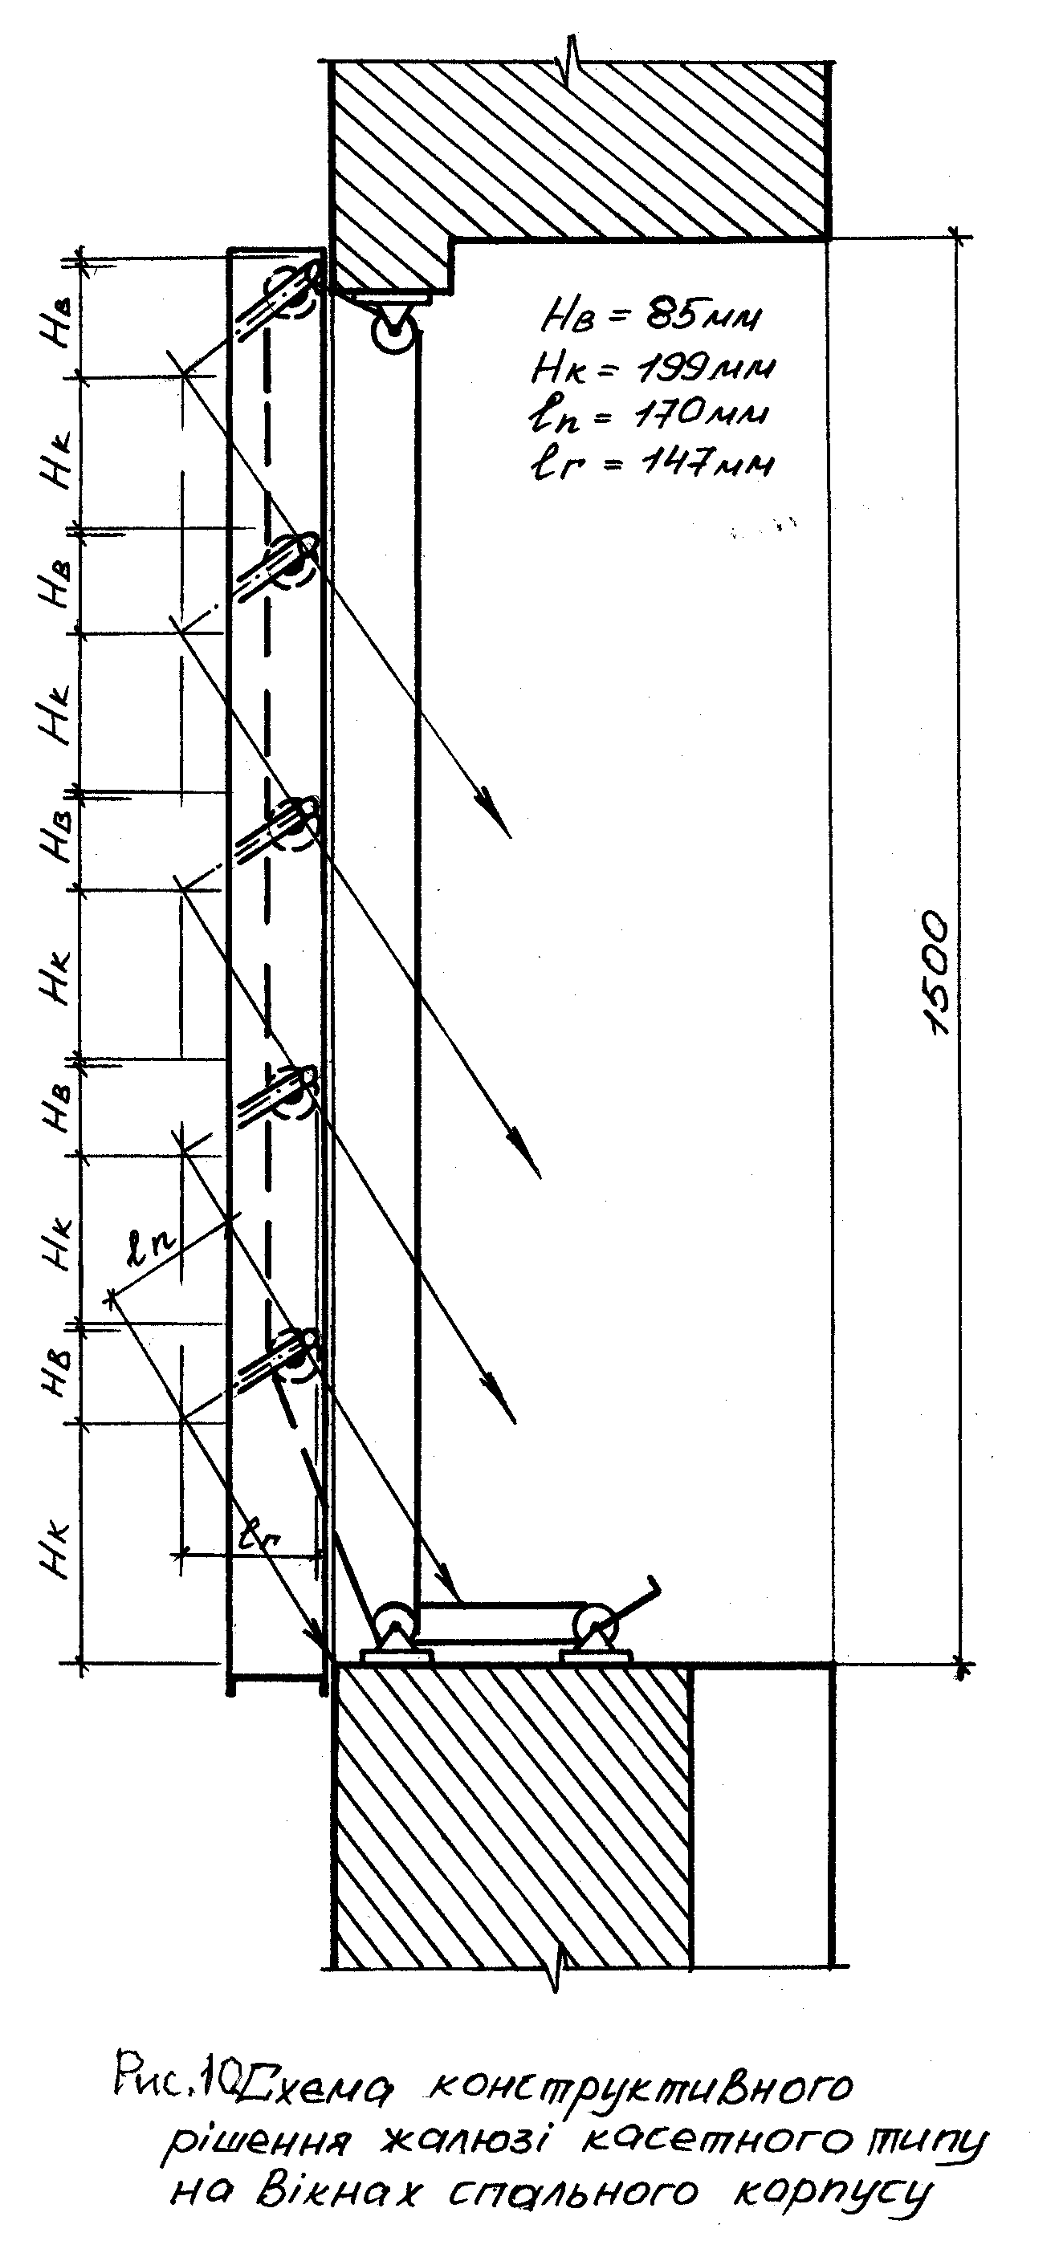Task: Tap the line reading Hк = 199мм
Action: click(x=653, y=368)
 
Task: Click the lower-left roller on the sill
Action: click(x=393, y=1619)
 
